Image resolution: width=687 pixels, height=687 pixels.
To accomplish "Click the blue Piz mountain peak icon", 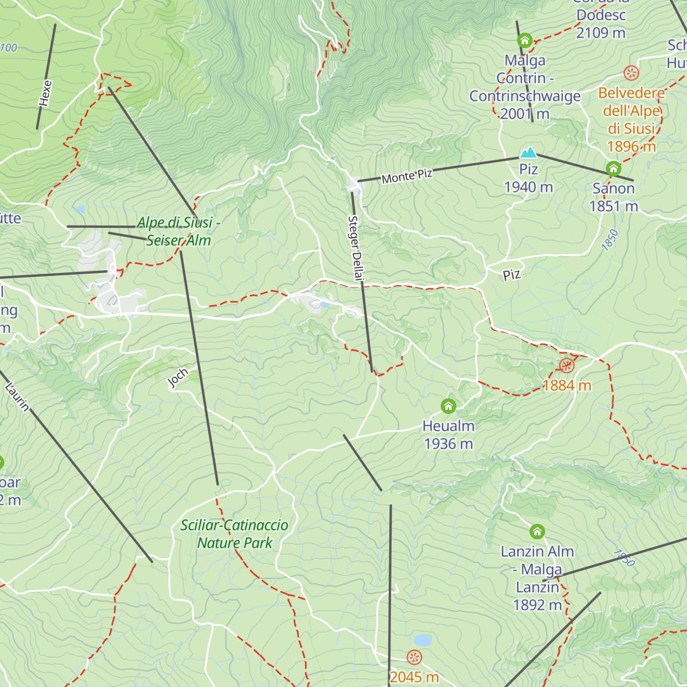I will [528, 152].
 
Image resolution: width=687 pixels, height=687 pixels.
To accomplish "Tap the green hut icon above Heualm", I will [448, 406].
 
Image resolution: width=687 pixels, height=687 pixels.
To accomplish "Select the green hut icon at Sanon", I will [613, 168].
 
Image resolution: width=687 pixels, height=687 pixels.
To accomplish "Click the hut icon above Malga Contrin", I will [524, 41].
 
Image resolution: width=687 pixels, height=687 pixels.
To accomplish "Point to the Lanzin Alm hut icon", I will [537, 531].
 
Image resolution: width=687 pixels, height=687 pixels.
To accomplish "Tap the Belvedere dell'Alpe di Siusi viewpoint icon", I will [631, 73].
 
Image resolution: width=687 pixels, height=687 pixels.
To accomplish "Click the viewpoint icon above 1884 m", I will [567, 365].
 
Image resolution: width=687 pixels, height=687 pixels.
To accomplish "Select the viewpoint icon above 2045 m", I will [414, 657].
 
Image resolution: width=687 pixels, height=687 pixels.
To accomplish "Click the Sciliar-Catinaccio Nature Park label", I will [234, 534].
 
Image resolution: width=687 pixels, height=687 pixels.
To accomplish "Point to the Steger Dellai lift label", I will [356, 248].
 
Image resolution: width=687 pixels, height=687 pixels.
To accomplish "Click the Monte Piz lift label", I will [406, 176].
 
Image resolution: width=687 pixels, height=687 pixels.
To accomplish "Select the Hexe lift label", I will [45, 93].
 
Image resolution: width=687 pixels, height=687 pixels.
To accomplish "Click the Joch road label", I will [177, 378].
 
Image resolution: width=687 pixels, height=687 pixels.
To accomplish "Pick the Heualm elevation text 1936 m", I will [448, 444].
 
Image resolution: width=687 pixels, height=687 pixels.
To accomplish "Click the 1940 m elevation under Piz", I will [528, 187].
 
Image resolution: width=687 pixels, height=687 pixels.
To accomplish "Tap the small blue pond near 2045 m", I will [423, 640].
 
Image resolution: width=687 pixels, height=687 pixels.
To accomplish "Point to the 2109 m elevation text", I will [601, 33].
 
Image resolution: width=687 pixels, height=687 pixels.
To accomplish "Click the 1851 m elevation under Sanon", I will [613, 206].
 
